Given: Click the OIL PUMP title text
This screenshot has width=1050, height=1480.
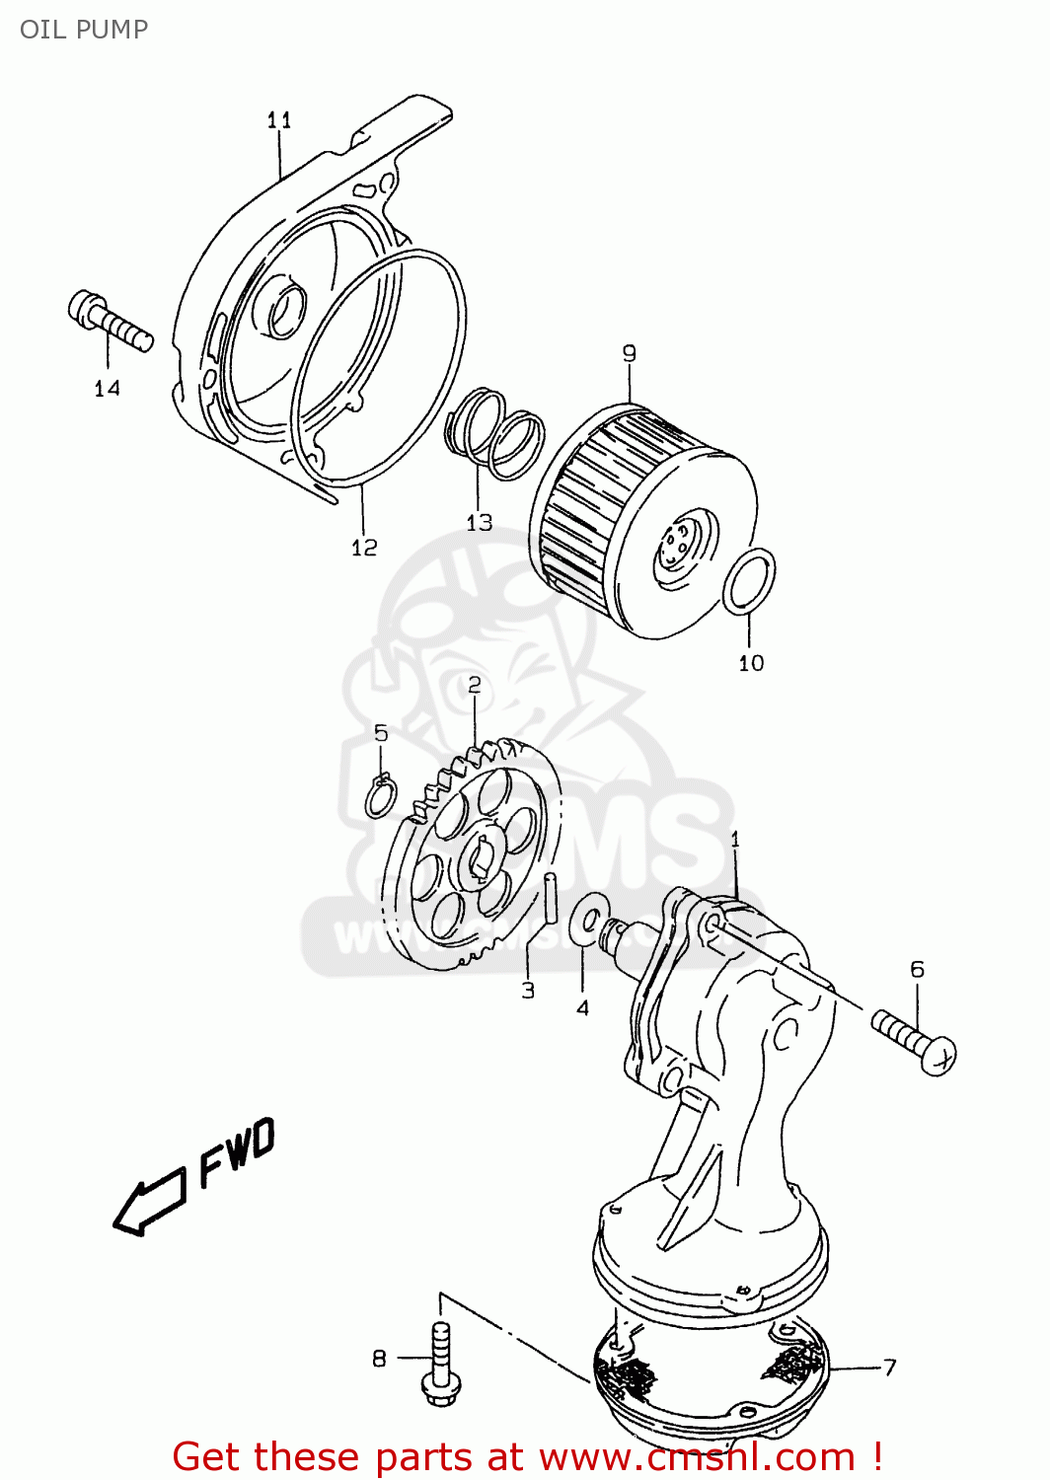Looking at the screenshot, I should (x=84, y=30).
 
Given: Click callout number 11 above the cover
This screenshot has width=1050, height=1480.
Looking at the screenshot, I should (x=279, y=120).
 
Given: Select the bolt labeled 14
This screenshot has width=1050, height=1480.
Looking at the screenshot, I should (x=110, y=321).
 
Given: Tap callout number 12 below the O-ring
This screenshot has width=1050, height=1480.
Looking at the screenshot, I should (x=364, y=547).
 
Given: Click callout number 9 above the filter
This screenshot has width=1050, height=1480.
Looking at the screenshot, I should (x=630, y=353).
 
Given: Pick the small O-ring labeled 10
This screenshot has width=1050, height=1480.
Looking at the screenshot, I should (x=749, y=581).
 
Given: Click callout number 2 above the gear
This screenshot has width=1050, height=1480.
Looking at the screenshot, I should (x=475, y=685).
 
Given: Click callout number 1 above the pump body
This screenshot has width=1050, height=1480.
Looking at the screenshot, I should (x=735, y=840).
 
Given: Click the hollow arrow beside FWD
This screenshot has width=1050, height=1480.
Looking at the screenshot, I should (x=148, y=1202).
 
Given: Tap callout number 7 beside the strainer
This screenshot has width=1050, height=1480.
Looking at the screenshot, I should (x=890, y=1368).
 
